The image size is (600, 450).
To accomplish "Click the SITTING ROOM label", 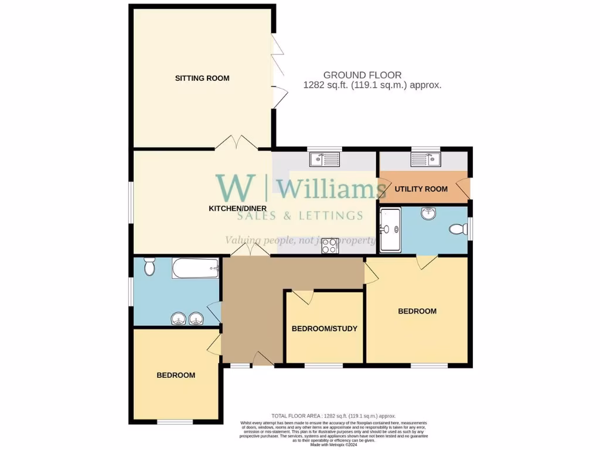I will pos(202,78).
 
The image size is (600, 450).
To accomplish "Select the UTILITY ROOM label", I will pos(421,189).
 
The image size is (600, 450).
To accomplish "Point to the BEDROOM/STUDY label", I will pos(325,328).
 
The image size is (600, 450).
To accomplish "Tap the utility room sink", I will pos(426,159).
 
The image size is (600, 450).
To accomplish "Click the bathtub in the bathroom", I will pos(195,270).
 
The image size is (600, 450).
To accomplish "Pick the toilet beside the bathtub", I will pos(149,267).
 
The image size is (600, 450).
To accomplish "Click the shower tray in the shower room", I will pos(390,230).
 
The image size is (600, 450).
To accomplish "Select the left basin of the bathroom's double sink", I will pos(178,319).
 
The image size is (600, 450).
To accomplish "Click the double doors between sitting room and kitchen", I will pos(234,142).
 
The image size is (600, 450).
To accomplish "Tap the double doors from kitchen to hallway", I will pos(250,250).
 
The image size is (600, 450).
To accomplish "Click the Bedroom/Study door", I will pos(302,298).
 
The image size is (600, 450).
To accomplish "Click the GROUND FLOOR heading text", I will pos(362,75).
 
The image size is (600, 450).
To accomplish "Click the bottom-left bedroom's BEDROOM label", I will pos(175,375).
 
